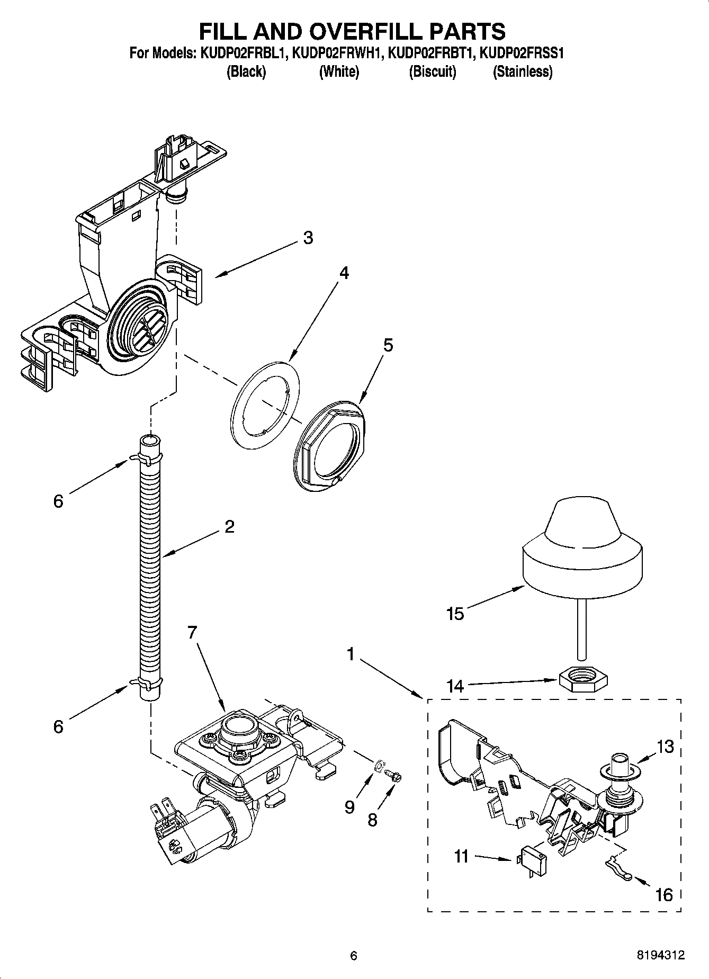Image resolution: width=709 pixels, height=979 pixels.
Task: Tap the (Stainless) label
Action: coord(522,72)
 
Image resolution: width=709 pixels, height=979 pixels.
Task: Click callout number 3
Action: coord(308,238)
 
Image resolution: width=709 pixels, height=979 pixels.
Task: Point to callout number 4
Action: coord(344,273)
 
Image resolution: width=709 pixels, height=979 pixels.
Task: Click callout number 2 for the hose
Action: coord(229,526)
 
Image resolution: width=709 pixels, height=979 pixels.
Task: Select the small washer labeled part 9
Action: coord(379,766)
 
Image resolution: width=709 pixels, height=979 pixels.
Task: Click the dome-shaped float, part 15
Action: coord(582,545)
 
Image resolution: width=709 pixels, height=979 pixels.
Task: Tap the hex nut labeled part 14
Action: coord(582,679)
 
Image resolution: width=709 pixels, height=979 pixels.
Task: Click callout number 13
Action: coord(665,747)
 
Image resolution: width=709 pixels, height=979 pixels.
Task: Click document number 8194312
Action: coord(661,955)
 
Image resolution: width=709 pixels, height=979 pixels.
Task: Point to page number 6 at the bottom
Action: coord(354,956)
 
